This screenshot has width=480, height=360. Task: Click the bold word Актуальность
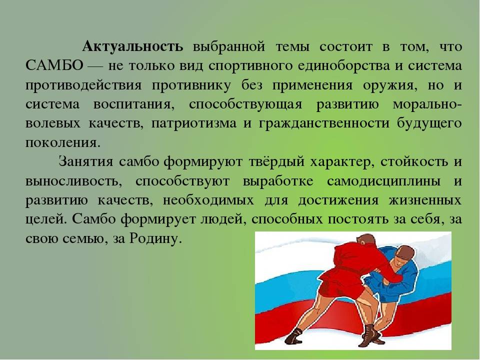pos(133,46)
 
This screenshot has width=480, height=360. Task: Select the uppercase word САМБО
pos(54,65)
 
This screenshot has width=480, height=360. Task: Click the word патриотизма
pos(194,123)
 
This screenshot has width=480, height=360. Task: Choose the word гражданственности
pos(324,123)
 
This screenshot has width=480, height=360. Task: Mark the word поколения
pos(63,142)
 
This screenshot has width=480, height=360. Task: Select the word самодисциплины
pos(384,181)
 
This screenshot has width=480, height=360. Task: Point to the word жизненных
pos(425,200)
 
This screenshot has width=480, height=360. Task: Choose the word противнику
pos(191,85)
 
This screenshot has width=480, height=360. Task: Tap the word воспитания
pos(134,104)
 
